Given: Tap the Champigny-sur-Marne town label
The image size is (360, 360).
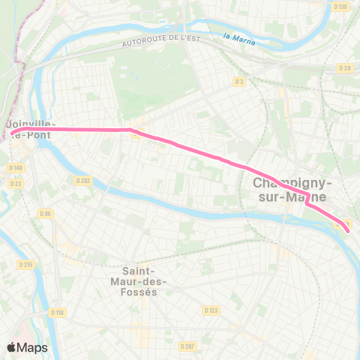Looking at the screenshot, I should [293, 189].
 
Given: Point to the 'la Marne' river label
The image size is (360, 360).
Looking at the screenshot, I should [240, 38].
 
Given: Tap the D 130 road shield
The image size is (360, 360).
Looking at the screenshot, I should [342, 7].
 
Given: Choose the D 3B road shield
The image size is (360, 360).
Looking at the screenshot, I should [345, 68].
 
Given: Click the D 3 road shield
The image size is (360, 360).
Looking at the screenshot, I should [239, 81].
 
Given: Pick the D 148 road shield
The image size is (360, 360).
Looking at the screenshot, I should [16, 167].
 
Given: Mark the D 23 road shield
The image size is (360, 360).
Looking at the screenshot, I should [16, 182].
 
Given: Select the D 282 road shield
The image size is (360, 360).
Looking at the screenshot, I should [83, 180].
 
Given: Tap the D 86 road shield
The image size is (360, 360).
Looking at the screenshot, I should [46, 214].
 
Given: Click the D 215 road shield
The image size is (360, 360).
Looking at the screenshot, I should [26, 265].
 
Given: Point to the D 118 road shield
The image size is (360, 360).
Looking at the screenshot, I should [57, 311].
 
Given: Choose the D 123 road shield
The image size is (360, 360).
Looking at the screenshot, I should [211, 310].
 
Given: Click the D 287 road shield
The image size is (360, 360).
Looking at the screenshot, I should [187, 346].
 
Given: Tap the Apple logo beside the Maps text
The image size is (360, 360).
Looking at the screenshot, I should [11, 346].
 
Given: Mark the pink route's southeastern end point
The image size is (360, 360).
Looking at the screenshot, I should [347, 224].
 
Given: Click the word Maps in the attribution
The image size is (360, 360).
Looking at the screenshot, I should [32, 347].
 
